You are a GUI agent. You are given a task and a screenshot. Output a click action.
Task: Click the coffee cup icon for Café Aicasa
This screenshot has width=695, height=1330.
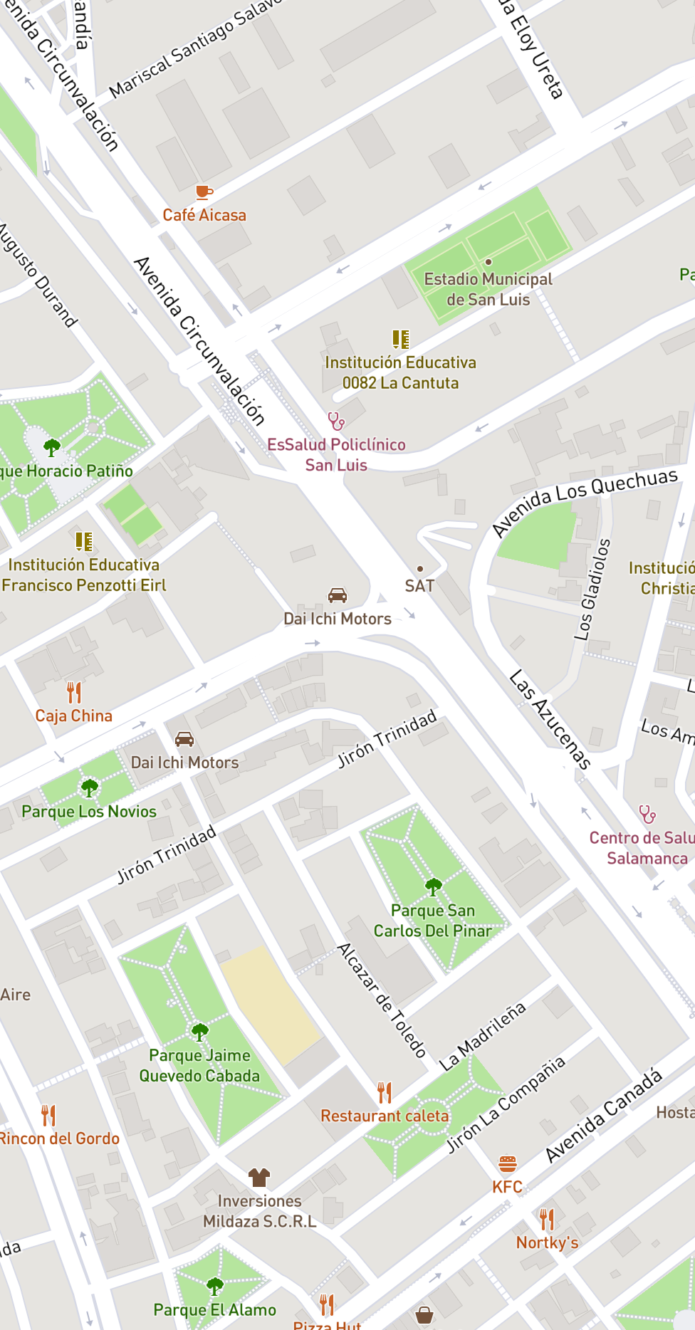[x=204, y=192]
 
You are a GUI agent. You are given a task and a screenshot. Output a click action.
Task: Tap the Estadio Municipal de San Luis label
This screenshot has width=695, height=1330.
[x=488, y=289]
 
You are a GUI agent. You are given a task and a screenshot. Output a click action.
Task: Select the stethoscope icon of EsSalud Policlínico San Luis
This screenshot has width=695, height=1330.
[x=336, y=421]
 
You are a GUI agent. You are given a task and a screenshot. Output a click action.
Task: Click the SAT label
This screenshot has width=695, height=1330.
[x=419, y=586]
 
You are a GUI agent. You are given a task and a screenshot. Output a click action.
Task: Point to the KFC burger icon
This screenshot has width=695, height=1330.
[x=507, y=1164]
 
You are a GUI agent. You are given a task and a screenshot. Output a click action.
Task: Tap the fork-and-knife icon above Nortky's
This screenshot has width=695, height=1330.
[x=546, y=1220]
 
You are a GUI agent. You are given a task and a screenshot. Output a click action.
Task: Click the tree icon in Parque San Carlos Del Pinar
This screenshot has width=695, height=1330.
[x=433, y=886]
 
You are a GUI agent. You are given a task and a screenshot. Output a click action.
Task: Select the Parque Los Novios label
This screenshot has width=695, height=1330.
[x=89, y=812]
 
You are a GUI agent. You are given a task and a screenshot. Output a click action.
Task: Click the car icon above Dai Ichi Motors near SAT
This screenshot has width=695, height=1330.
[x=337, y=595]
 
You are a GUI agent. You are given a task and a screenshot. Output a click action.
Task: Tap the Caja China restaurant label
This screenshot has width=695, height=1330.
[x=74, y=716]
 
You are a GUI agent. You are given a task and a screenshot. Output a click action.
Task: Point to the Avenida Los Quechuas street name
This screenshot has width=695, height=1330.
[x=585, y=501]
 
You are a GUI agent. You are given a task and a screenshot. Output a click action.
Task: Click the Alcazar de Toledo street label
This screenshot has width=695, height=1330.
[x=382, y=1000]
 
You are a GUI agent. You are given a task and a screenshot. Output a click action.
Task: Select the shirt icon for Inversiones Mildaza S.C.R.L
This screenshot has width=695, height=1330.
[x=258, y=1176]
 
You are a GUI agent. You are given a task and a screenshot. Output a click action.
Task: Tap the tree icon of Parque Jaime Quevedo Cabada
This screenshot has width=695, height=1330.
[x=200, y=1032]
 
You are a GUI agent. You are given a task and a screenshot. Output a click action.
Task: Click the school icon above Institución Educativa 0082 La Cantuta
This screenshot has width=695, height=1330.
[x=401, y=339]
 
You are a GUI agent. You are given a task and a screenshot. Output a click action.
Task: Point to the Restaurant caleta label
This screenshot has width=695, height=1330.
[x=385, y=1116]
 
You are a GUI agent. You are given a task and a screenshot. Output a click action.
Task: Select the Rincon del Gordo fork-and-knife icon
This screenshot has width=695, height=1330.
[x=48, y=1115]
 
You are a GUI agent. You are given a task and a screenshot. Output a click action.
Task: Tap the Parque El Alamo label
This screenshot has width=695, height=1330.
[x=215, y=1310]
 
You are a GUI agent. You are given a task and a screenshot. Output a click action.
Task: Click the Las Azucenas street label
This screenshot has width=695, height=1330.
[x=550, y=720]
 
